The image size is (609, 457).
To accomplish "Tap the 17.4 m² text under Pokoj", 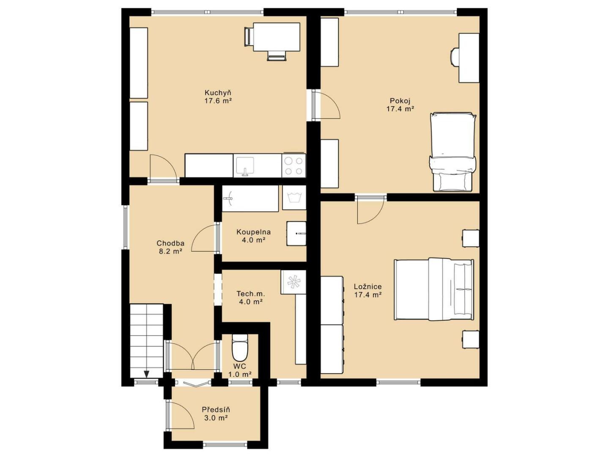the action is (x=400, y=109).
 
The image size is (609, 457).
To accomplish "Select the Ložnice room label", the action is (x=368, y=286).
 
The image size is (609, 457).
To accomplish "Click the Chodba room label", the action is (x=170, y=243).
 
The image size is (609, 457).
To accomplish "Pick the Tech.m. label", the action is (x=251, y=294).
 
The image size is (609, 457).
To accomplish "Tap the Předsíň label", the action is (x=216, y=410).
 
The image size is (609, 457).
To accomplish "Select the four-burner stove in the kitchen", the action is (x=294, y=166).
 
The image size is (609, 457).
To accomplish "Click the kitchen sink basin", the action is (x=244, y=166).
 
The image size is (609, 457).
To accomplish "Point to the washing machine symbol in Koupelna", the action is (x=294, y=197).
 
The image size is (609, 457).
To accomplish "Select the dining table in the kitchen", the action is (x=276, y=37).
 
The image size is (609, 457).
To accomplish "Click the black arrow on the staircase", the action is (x=147, y=374).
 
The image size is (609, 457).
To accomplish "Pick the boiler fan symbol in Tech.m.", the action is (x=294, y=282).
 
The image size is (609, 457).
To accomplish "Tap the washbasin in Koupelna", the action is (x=296, y=233).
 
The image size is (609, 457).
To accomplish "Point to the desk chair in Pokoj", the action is (x=455, y=57).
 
